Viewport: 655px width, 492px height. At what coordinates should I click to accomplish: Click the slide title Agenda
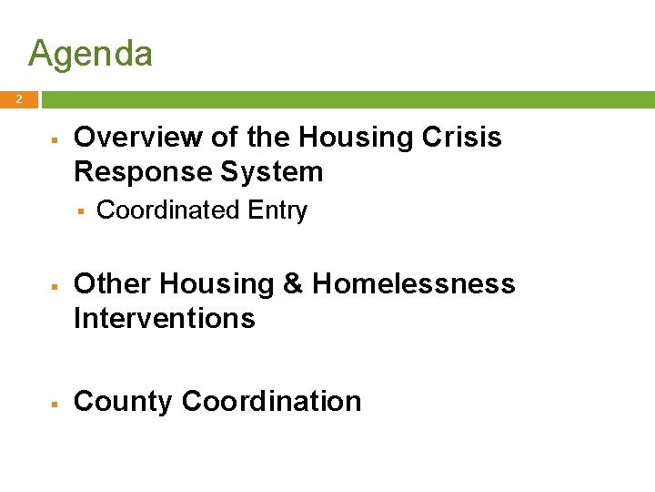(x=90, y=55)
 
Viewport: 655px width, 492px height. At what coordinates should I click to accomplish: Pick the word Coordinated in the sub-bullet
(x=167, y=210)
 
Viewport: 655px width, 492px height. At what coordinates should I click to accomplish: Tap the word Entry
(x=277, y=210)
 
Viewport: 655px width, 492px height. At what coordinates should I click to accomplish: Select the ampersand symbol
(x=293, y=284)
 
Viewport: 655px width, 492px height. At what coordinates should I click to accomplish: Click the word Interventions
(x=164, y=319)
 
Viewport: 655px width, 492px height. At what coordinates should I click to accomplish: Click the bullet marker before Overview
(x=55, y=139)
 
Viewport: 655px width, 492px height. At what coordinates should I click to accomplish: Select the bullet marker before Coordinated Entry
(x=80, y=211)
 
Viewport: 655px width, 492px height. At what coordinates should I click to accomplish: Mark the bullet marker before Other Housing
(x=55, y=286)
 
